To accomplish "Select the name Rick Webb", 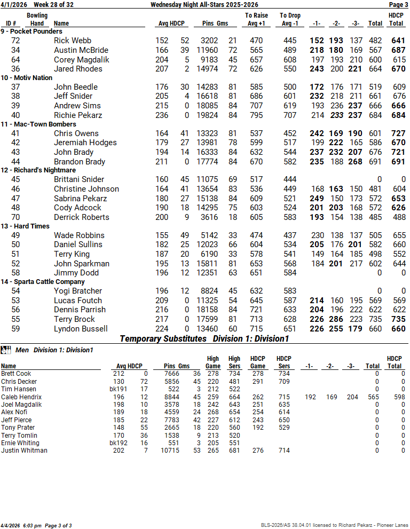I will pyautogui.click(x=73, y=41).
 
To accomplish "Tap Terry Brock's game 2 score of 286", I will pyautogui.click(x=336, y=319).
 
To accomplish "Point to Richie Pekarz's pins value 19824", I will pyautogui.click(x=210, y=115).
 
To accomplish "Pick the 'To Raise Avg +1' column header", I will pyautogui.click(x=256, y=20).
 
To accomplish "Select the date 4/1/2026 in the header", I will pyautogui.click(x=13, y=5).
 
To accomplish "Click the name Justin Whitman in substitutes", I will pyautogui.click(x=24, y=451).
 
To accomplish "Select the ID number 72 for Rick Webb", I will pyautogui.click(x=15, y=41).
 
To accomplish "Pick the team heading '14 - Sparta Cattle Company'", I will pyautogui.click(x=43, y=282).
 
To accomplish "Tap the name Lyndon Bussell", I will pyautogui.click(x=81, y=329).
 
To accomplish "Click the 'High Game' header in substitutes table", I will pyautogui.click(x=213, y=362).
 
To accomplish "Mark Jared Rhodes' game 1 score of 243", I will pyautogui.click(x=317, y=69).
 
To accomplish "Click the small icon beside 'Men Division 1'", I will pyautogui.click(x=6, y=350).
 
